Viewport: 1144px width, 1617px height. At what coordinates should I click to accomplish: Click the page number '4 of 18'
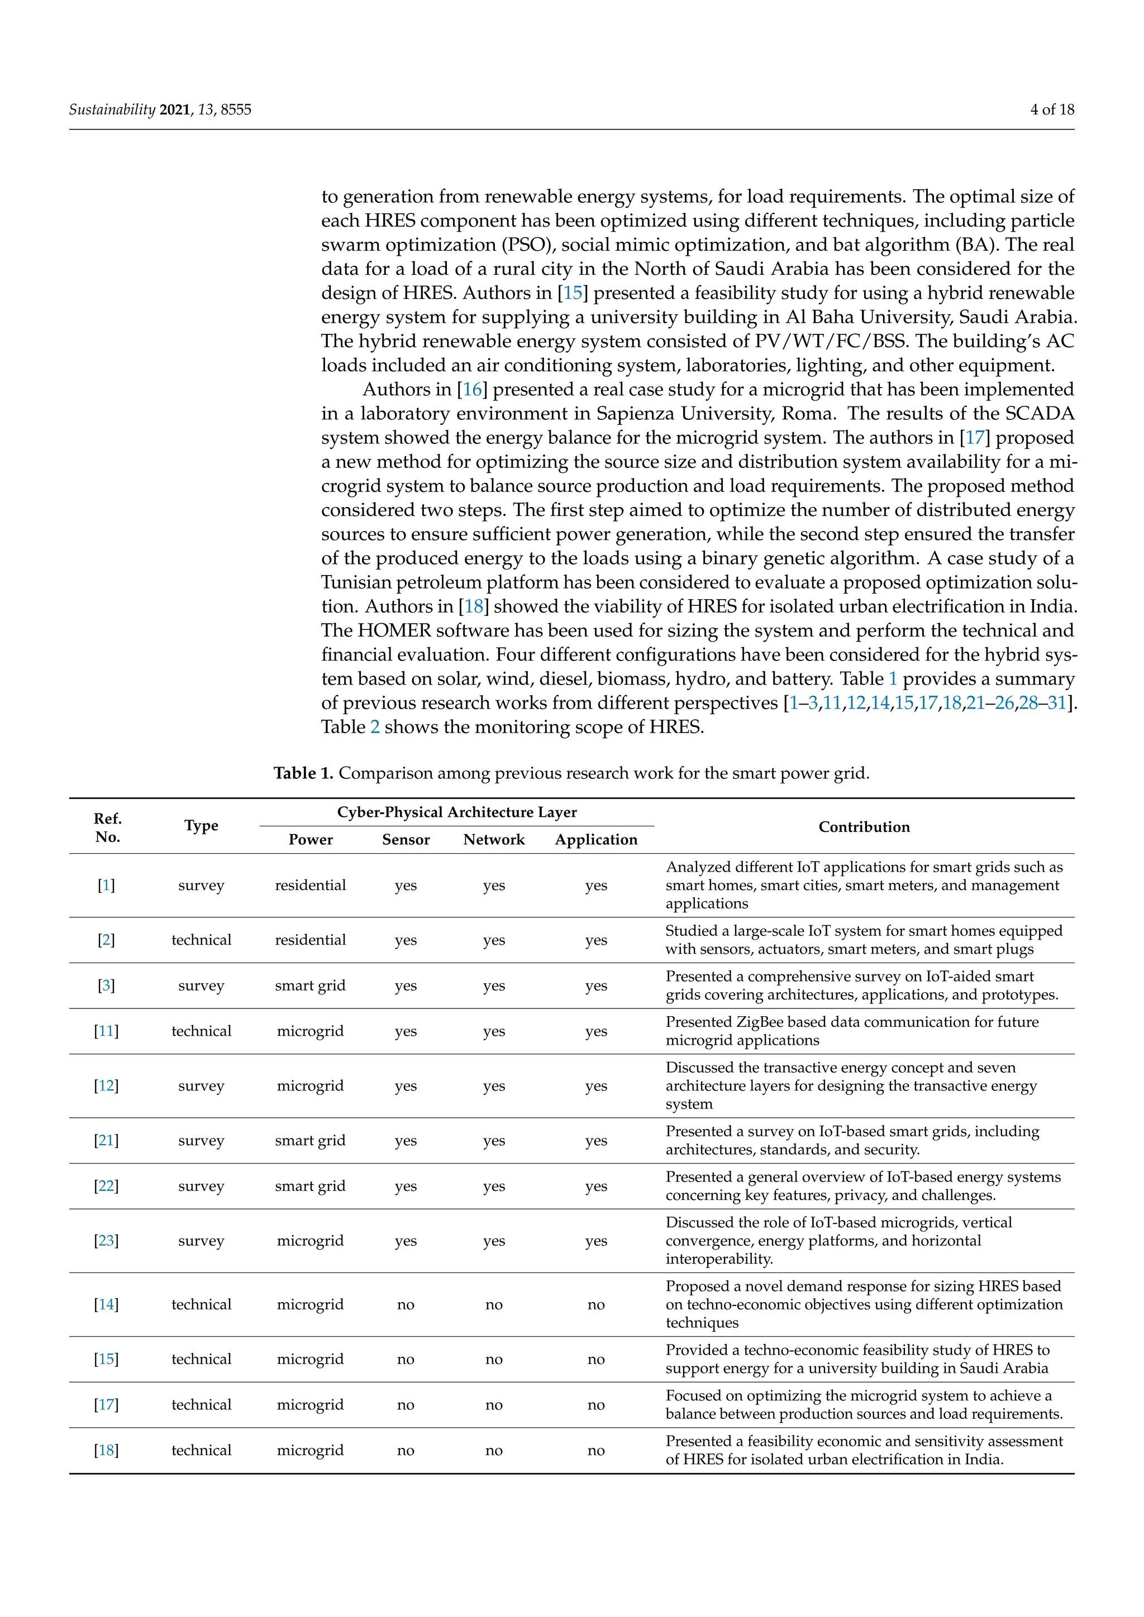click(x=1052, y=109)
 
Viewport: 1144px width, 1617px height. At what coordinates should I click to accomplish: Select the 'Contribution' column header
click(x=864, y=827)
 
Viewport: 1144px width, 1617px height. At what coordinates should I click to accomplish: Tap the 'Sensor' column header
click(x=406, y=839)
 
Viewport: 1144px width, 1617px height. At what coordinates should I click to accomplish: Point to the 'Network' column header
click(x=494, y=839)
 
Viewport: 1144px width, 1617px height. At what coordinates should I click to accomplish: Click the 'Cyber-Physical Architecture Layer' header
click(x=456, y=812)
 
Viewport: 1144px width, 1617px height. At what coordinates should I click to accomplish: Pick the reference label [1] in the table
click(x=106, y=885)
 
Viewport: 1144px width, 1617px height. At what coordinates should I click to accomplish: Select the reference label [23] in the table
click(x=106, y=1240)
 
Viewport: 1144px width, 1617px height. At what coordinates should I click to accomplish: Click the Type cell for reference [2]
click(x=202, y=940)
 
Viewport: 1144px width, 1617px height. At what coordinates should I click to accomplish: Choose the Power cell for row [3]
click(x=310, y=985)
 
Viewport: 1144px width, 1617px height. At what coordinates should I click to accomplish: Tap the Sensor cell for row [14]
click(x=406, y=1304)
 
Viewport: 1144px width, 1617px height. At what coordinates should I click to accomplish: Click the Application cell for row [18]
click(x=596, y=1450)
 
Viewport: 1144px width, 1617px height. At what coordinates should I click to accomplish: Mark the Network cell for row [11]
click(x=494, y=1031)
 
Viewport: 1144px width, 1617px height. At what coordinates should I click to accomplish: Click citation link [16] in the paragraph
click(x=472, y=390)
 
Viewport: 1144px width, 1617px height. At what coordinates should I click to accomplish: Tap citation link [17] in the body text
click(x=975, y=437)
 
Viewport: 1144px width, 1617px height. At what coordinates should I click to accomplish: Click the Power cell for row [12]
click(x=310, y=1086)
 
